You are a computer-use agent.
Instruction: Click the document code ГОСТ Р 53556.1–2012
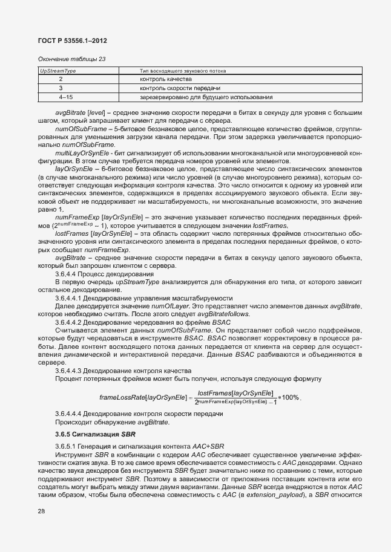coord(73,41)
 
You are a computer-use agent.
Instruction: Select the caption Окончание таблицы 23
coord(71,59)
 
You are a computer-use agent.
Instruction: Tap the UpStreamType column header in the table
coord(57,71)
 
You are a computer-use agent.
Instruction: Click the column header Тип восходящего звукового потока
coord(183,71)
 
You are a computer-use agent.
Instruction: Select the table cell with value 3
coord(61,88)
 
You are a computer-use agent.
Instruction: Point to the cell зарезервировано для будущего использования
coord(205,97)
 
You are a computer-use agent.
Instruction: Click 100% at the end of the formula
coord(291,397)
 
